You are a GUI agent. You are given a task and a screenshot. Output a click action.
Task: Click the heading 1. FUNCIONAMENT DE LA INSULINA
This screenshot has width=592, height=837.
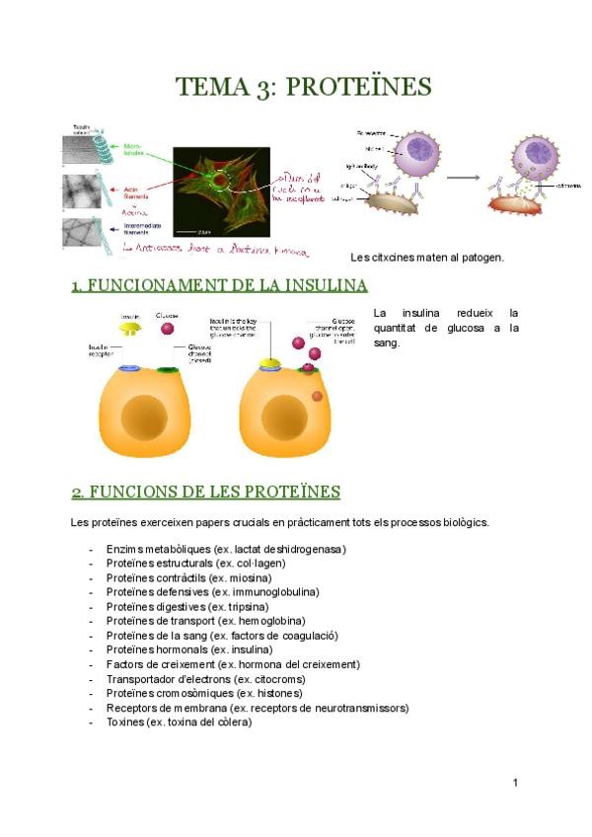click(219, 286)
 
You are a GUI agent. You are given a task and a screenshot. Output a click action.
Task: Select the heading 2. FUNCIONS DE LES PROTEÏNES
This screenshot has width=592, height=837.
click(205, 492)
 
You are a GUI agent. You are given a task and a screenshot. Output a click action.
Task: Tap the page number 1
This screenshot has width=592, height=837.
click(515, 783)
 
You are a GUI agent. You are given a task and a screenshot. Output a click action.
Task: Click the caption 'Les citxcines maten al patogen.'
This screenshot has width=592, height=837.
click(427, 258)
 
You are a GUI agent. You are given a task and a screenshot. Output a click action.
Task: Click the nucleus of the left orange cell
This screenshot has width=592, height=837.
click(150, 414)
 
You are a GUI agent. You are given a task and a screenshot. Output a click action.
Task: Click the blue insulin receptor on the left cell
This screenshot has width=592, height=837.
click(129, 368)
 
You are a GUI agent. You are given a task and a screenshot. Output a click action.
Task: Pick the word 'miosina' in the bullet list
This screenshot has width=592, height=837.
click(251, 577)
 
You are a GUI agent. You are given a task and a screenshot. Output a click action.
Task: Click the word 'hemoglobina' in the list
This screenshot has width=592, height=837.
click(267, 621)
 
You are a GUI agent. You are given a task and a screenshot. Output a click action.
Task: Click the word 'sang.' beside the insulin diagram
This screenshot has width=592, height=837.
click(387, 343)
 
